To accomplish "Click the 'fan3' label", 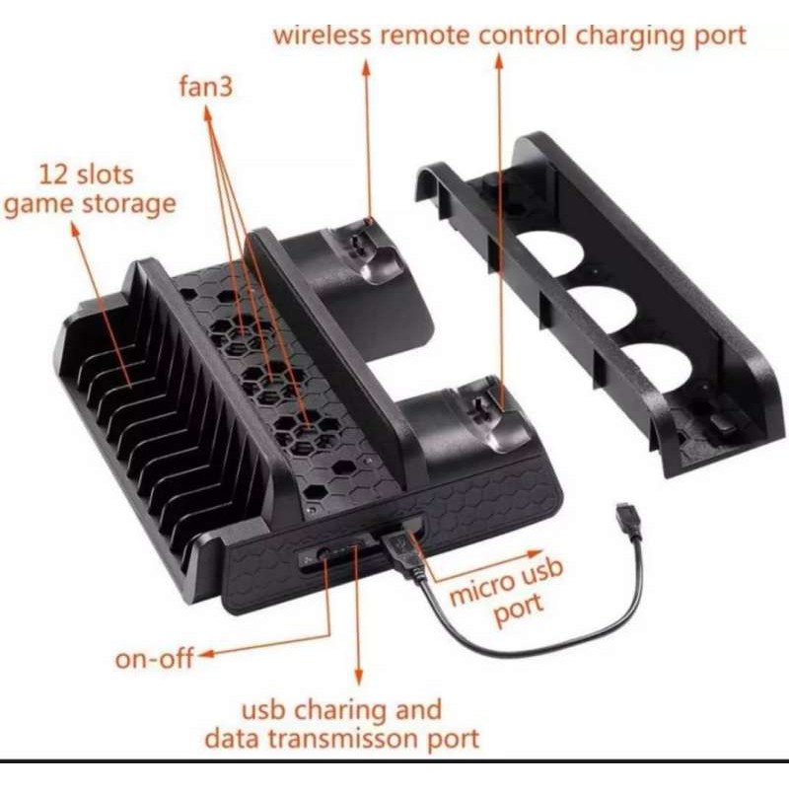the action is (x=206, y=86).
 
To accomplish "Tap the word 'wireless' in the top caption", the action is (x=323, y=36).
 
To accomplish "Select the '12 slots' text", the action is (x=86, y=176).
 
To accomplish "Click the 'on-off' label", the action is (x=154, y=659).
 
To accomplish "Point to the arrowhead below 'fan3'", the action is (x=207, y=113).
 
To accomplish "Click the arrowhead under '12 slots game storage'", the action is (x=75, y=231).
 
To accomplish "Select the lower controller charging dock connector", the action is (x=477, y=406).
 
